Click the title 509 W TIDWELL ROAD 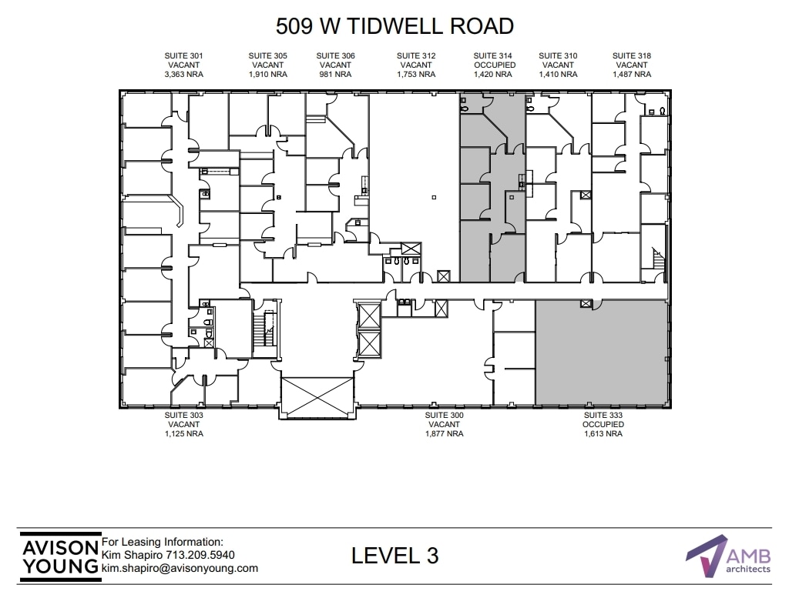point(394,26)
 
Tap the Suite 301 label point(183,55)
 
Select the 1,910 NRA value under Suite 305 point(267,75)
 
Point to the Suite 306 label point(335,55)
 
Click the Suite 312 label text point(416,55)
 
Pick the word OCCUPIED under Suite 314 point(494,65)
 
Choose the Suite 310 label point(558,55)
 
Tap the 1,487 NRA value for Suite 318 point(632,75)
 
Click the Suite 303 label point(183,415)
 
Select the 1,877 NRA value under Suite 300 point(445,434)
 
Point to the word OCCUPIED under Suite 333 point(603,425)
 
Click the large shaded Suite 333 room point(599,352)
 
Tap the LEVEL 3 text point(394,555)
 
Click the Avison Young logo point(59,555)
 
